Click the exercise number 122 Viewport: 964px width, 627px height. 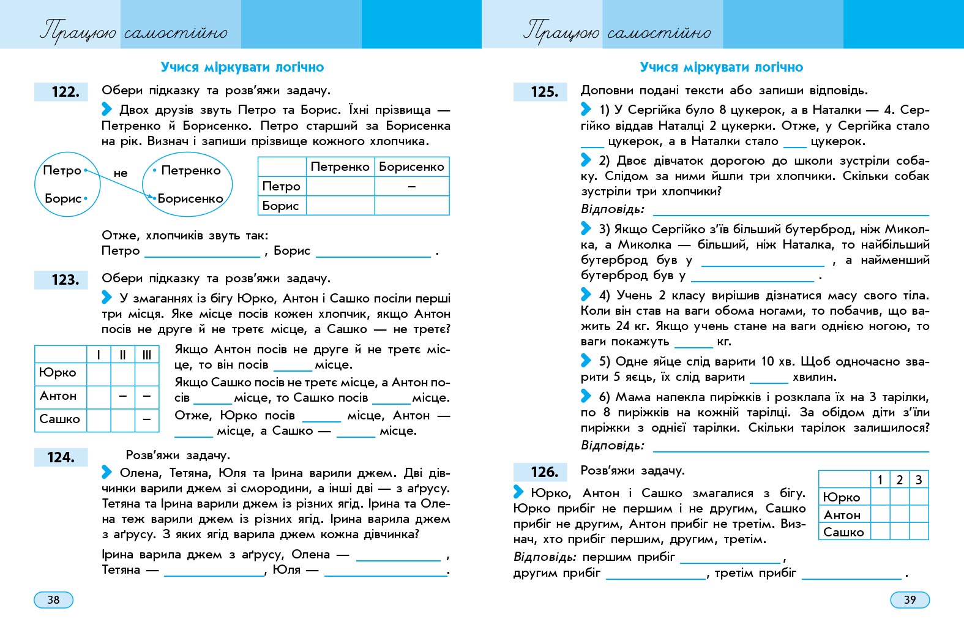click(x=65, y=92)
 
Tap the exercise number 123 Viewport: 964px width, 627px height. click(x=65, y=280)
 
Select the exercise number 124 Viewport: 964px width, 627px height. click(x=61, y=457)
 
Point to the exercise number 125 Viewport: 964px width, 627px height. click(x=544, y=92)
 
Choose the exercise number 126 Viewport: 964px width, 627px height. click(x=544, y=472)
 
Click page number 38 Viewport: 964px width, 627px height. click(x=53, y=599)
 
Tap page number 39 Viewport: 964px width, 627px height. click(x=910, y=599)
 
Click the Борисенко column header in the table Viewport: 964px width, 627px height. click(x=411, y=167)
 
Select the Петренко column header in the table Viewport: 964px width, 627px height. click(x=340, y=167)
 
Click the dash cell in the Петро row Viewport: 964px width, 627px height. click(x=411, y=186)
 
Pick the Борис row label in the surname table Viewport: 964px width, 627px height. click(x=281, y=206)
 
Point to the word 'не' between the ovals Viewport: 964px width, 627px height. click(x=121, y=173)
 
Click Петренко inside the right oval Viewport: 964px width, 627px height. click(x=190, y=170)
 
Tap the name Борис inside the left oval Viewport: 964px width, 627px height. click(x=63, y=198)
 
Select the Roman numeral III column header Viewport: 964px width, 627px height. click(x=147, y=355)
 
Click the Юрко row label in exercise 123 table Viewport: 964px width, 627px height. click(x=58, y=372)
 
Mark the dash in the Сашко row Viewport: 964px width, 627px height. click(x=147, y=419)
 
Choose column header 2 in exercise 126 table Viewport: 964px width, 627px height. click(x=899, y=479)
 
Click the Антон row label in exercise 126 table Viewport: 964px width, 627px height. click(x=842, y=515)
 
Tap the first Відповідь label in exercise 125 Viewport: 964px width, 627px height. click(x=612, y=209)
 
